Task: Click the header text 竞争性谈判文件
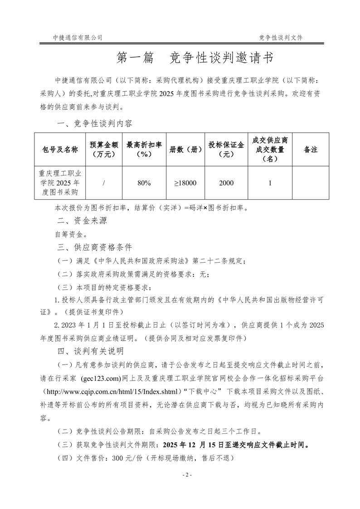coord(281,38)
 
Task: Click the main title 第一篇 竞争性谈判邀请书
coord(195,58)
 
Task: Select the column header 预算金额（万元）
coord(104,149)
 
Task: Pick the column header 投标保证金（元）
coord(226,149)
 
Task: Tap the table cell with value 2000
coord(226,183)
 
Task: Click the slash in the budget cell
coord(104,183)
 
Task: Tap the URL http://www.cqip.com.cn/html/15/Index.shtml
coord(113,391)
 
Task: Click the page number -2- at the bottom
coord(187,475)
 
